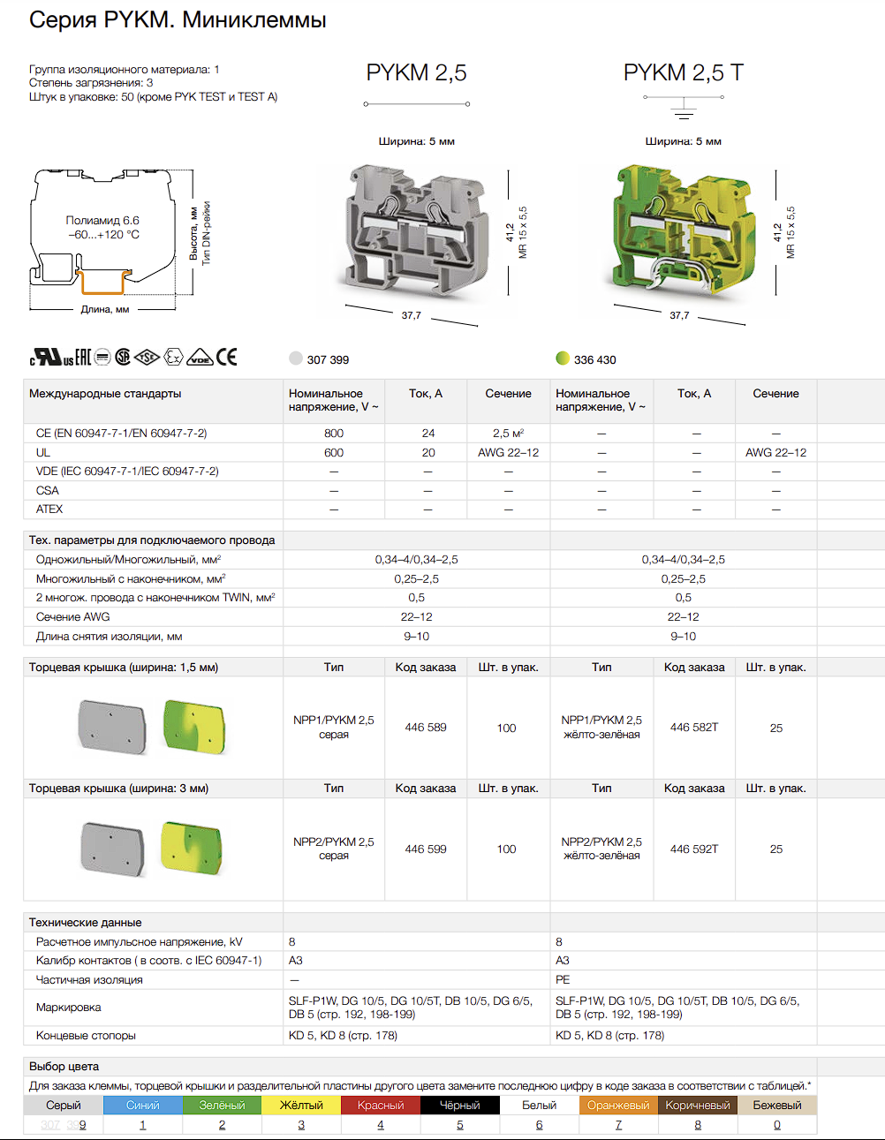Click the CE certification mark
click(x=226, y=358)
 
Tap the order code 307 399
click(x=328, y=360)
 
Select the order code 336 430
click(x=595, y=360)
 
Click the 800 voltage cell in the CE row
click(x=334, y=434)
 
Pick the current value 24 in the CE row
click(x=428, y=434)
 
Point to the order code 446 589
click(x=426, y=727)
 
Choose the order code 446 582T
click(x=694, y=727)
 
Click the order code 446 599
click(x=426, y=849)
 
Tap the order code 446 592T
click(x=694, y=849)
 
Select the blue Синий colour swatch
click(x=143, y=1105)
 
